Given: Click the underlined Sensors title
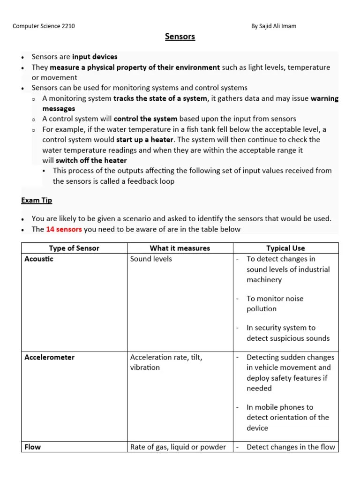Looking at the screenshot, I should tap(180, 37).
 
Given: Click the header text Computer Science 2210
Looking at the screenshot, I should tap(44, 26).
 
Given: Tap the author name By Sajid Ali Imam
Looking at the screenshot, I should tap(274, 26).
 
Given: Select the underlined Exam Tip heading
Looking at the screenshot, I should tap(37, 200).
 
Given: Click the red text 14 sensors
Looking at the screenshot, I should tap(64, 229).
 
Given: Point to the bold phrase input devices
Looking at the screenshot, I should tap(95, 57).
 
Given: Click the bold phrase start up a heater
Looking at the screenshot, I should tap(145, 140).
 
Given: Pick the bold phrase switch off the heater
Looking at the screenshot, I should tap(91, 160).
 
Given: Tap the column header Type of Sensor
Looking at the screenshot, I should tap(74, 248).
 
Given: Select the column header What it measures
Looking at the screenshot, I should tap(180, 248).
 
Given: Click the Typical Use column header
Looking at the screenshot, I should tap(285, 248).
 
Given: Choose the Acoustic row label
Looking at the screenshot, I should tap(39, 259).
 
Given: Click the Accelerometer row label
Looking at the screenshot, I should tap(49, 357).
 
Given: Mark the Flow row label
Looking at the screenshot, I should tap(33, 447).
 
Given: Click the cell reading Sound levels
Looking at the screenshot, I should tap(151, 259).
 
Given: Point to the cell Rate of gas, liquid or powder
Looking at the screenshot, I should tap(178, 447).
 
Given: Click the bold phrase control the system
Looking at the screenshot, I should tap(145, 119).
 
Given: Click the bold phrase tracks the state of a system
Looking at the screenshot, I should tap(160, 98).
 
